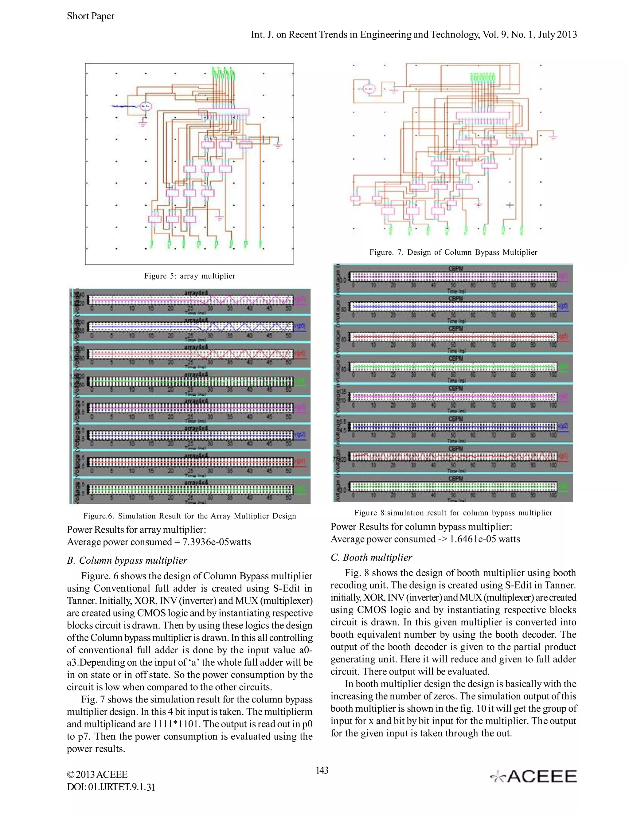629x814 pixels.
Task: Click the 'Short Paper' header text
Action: click(91, 16)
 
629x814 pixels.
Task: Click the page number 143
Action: click(322, 770)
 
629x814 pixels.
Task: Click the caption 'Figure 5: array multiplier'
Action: click(190, 276)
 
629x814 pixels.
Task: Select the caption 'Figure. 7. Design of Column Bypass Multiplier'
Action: click(453, 252)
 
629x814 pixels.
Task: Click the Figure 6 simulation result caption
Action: click(190, 516)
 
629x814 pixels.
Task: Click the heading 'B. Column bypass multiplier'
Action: click(127, 561)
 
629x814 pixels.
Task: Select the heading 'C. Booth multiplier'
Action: click(371, 558)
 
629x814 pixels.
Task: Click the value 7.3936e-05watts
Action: click(217, 542)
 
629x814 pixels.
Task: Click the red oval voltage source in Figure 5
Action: click(145, 107)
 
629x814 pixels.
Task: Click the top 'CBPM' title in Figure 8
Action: click(455, 268)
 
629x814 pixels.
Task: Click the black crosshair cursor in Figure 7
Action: click(510, 205)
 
